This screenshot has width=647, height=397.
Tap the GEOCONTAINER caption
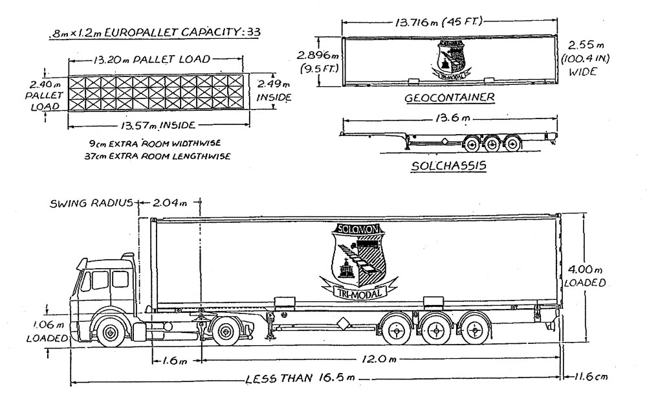pyautogui.click(x=450, y=98)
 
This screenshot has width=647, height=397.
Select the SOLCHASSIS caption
pyautogui.click(x=448, y=166)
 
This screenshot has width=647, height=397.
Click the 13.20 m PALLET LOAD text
pyautogui.click(x=151, y=60)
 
